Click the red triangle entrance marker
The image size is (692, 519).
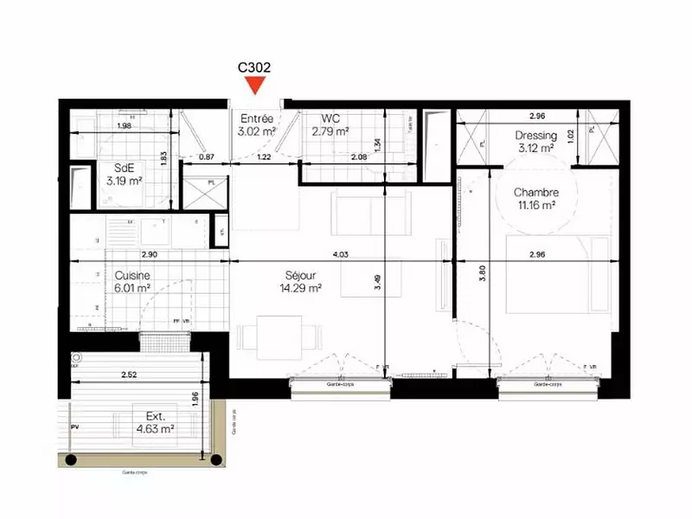(254, 85)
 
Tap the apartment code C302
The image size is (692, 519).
(254, 65)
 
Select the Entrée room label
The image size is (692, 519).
(257, 119)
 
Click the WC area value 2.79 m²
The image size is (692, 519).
(330, 131)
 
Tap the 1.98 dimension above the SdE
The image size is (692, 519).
(123, 127)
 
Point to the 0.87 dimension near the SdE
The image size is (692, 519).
(206, 157)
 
